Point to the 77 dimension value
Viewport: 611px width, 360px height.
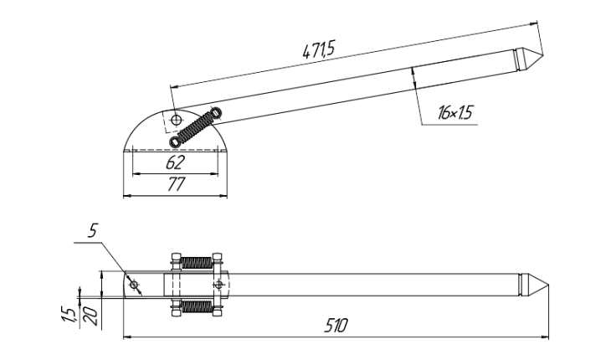175,185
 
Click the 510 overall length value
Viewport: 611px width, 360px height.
336,324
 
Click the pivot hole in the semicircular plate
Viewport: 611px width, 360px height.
175,122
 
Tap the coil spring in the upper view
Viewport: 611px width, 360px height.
195,126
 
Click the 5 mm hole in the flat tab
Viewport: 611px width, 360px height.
133,285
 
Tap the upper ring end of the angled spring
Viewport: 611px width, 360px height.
215,111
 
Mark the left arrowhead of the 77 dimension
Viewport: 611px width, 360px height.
126,197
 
